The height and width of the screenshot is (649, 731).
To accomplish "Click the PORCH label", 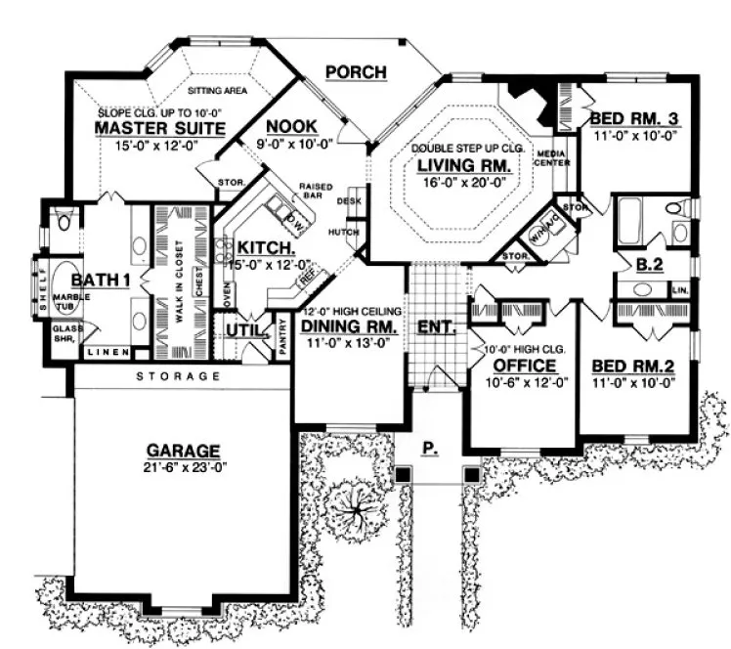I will click(356, 71).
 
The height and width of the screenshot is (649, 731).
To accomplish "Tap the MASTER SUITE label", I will click(160, 128).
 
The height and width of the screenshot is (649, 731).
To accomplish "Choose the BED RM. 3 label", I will click(635, 119).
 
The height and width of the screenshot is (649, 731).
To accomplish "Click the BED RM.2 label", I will click(635, 368).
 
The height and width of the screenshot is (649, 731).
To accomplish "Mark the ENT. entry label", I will click(437, 326).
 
